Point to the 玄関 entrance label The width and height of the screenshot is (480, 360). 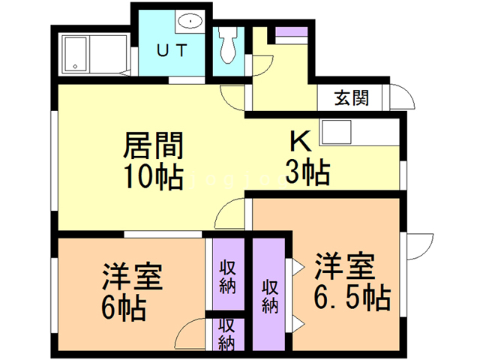[x=350, y=98]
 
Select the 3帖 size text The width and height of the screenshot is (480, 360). [x=307, y=174]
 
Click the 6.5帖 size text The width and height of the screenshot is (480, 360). [x=352, y=298]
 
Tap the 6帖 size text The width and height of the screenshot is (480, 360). [x=124, y=307]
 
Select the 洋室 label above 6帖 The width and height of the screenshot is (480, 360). [x=130, y=275]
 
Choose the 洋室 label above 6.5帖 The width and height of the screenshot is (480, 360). [x=344, y=266]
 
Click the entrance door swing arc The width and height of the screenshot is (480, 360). [x=400, y=97]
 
